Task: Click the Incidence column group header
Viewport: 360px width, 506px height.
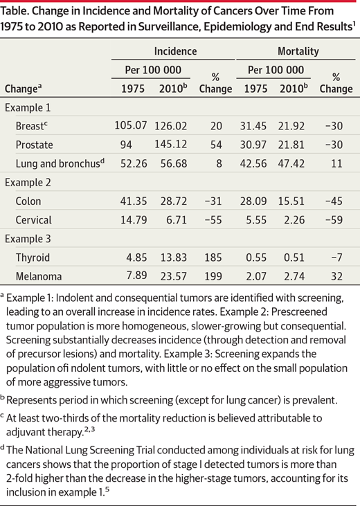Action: (x=175, y=51)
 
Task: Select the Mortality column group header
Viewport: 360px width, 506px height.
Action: (x=298, y=51)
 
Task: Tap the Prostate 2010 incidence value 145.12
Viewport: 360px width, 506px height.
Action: (x=170, y=144)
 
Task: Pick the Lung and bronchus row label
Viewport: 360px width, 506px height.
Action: (x=60, y=163)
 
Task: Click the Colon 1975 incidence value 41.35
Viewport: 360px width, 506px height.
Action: (x=134, y=201)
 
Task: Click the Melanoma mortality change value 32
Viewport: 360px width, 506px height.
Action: (x=336, y=276)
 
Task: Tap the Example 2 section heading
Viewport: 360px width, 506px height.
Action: (x=28, y=182)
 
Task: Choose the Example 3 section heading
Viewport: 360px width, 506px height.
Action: (x=28, y=239)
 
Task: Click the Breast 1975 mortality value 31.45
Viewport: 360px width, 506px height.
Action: (x=253, y=126)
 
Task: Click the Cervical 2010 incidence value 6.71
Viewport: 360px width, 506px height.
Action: (x=177, y=219)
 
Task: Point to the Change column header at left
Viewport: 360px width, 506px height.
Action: (x=24, y=89)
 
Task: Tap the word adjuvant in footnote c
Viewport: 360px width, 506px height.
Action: (x=25, y=432)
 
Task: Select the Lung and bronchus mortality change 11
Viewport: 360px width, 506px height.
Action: (x=336, y=163)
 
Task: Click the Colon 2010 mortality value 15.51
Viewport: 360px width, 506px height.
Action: (x=291, y=201)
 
